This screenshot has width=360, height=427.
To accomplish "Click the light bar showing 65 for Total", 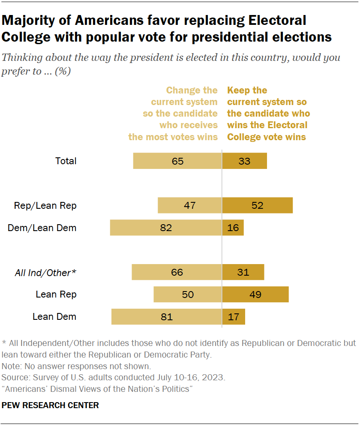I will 177,161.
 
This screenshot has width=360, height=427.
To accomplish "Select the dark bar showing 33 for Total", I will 244,161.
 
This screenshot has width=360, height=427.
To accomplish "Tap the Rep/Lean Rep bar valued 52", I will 257,205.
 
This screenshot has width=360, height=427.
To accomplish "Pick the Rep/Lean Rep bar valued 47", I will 190,205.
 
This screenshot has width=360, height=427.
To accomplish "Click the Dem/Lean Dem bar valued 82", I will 166,228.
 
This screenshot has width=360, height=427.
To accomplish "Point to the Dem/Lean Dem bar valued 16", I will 233,228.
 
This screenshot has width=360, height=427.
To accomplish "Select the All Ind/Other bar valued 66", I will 177,272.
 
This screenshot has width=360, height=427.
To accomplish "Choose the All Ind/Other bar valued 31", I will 243,272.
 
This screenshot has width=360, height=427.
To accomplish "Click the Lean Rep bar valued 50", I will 188,295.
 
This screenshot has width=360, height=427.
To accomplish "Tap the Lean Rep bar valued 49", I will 255,295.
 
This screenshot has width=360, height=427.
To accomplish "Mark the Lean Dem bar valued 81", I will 166,317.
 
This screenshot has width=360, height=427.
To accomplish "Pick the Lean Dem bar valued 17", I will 234,317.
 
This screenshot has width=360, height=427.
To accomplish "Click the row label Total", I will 66,161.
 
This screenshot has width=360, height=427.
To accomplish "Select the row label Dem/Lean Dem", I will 42,228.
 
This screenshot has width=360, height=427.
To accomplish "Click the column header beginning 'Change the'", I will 173,114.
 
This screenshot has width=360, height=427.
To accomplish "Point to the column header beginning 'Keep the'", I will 268,114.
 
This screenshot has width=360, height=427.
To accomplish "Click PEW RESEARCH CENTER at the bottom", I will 50,405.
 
